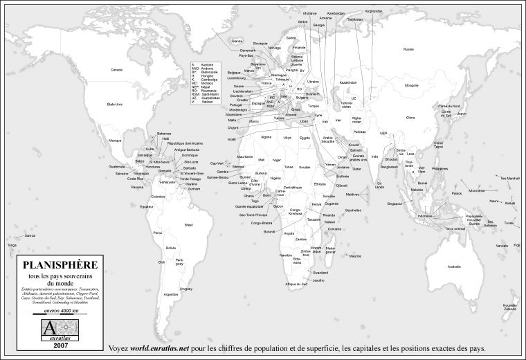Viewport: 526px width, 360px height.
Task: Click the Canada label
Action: point(116,69)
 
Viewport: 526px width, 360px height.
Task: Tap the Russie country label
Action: point(408,49)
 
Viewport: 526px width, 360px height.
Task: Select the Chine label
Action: point(410,118)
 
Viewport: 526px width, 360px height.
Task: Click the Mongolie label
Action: point(412,85)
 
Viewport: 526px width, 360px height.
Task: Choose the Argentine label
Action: point(171,294)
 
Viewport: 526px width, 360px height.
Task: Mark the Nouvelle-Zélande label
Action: point(511,306)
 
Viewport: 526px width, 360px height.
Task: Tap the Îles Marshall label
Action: point(509,178)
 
